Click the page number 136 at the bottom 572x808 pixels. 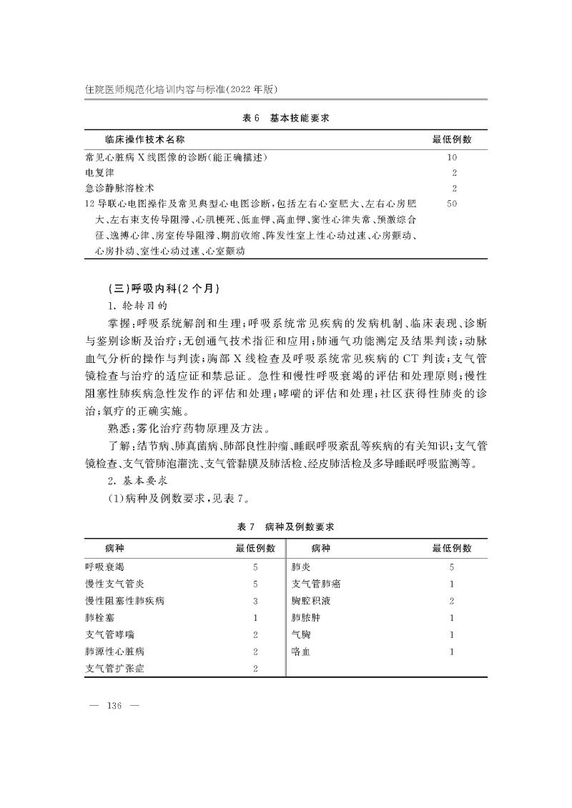tap(114, 706)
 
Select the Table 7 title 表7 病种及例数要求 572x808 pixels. tap(285, 527)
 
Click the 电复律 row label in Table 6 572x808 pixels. tap(96, 173)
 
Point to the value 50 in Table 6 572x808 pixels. tap(451, 204)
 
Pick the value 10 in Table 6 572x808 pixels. tap(451, 157)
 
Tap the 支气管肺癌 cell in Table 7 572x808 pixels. tap(316, 584)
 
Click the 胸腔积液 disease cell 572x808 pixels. tap(311, 600)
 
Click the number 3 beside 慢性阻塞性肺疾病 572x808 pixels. tap(255, 601)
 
